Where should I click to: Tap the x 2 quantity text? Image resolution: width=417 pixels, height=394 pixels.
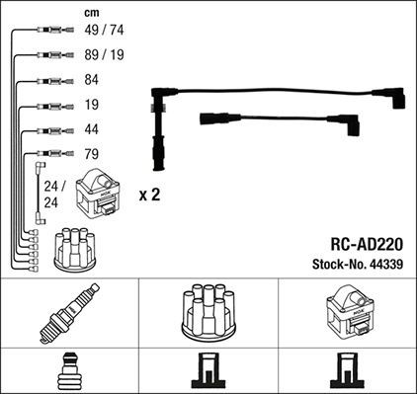click(148, 195)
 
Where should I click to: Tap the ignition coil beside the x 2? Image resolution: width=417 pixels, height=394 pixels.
click(102, 195)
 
